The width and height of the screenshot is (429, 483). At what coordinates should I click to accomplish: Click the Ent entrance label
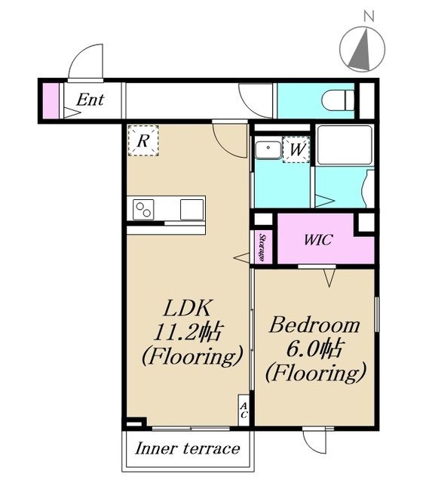click(x=90, y=100)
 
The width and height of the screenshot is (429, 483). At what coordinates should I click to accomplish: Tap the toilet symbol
click(x=338, y=100)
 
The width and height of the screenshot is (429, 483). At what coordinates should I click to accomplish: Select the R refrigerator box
click(x=143, y=140)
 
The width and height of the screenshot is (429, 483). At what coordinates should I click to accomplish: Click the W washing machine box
click(x=296, y=149)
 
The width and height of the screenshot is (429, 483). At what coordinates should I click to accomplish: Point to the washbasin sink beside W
click(x=268, y=150)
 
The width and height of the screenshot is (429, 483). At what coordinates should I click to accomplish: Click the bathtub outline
click(x=345, y=145)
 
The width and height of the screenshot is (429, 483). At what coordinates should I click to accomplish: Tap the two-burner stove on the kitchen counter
click(x=143, y=210)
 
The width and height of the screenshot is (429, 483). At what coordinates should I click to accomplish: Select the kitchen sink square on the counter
click(x=192, y=210)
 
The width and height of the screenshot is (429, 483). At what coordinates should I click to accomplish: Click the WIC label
click(x=318, y=240)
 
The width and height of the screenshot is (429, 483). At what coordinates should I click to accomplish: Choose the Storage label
click(x=262, y=248)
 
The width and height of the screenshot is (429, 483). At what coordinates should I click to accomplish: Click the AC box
click(x=244, y=411)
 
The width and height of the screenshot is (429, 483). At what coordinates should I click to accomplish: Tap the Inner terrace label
click(x=188, y=448)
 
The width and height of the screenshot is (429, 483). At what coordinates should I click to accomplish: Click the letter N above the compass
click(x=369, y=16)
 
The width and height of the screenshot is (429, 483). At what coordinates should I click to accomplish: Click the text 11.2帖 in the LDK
click(x=187, y=332)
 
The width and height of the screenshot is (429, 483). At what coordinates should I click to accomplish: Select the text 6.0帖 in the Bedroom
click(x=314, y=349)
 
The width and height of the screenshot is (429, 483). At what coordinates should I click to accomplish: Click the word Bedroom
click(x=314, y=325)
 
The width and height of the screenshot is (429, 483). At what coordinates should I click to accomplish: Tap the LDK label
click(x=188, y=308)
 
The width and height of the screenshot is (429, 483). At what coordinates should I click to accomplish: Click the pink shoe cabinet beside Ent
click(x=51, y=100)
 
